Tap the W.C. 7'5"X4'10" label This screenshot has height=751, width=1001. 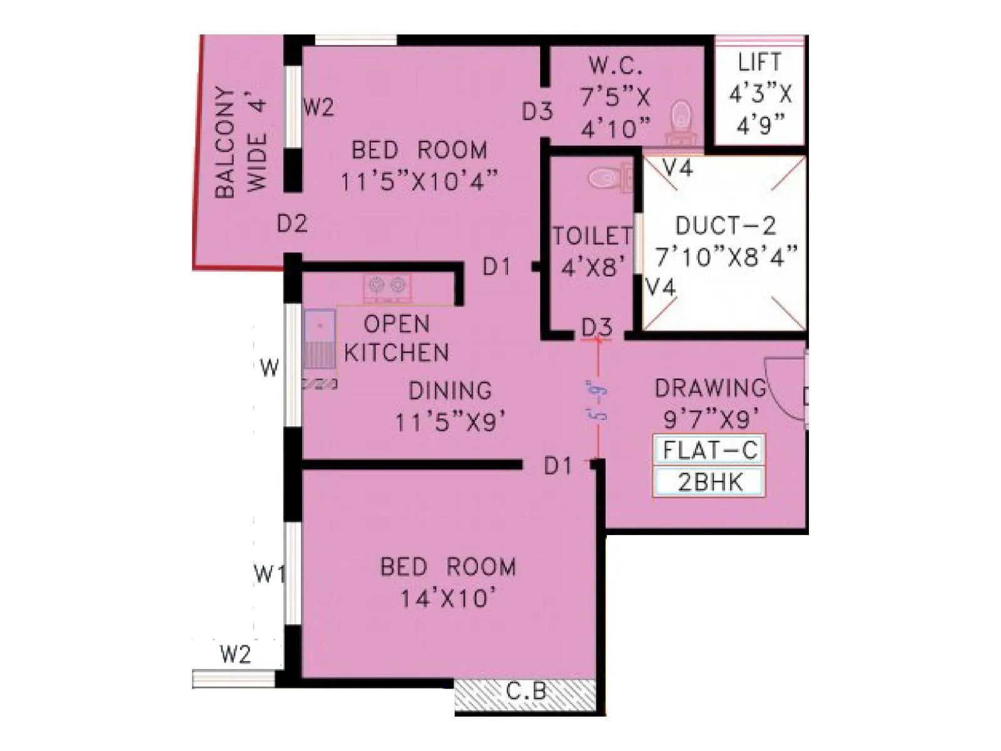pos(615,97)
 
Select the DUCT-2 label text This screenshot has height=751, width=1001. pos(726,225)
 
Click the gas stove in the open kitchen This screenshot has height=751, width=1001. pos(387,286)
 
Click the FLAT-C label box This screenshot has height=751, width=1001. pos(709,450)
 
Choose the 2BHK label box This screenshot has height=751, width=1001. pos(709,483)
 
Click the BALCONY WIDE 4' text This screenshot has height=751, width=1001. pos(241,143)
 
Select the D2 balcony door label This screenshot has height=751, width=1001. pos(292,223)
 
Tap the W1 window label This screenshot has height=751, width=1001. pos(270,573)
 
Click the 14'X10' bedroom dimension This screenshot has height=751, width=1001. pos(449,599)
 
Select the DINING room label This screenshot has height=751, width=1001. pos(450,391)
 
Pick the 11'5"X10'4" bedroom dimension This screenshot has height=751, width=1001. pos(419,181)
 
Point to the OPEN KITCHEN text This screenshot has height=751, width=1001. pos(397,339)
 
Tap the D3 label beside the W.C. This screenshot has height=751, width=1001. pos(537,112)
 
